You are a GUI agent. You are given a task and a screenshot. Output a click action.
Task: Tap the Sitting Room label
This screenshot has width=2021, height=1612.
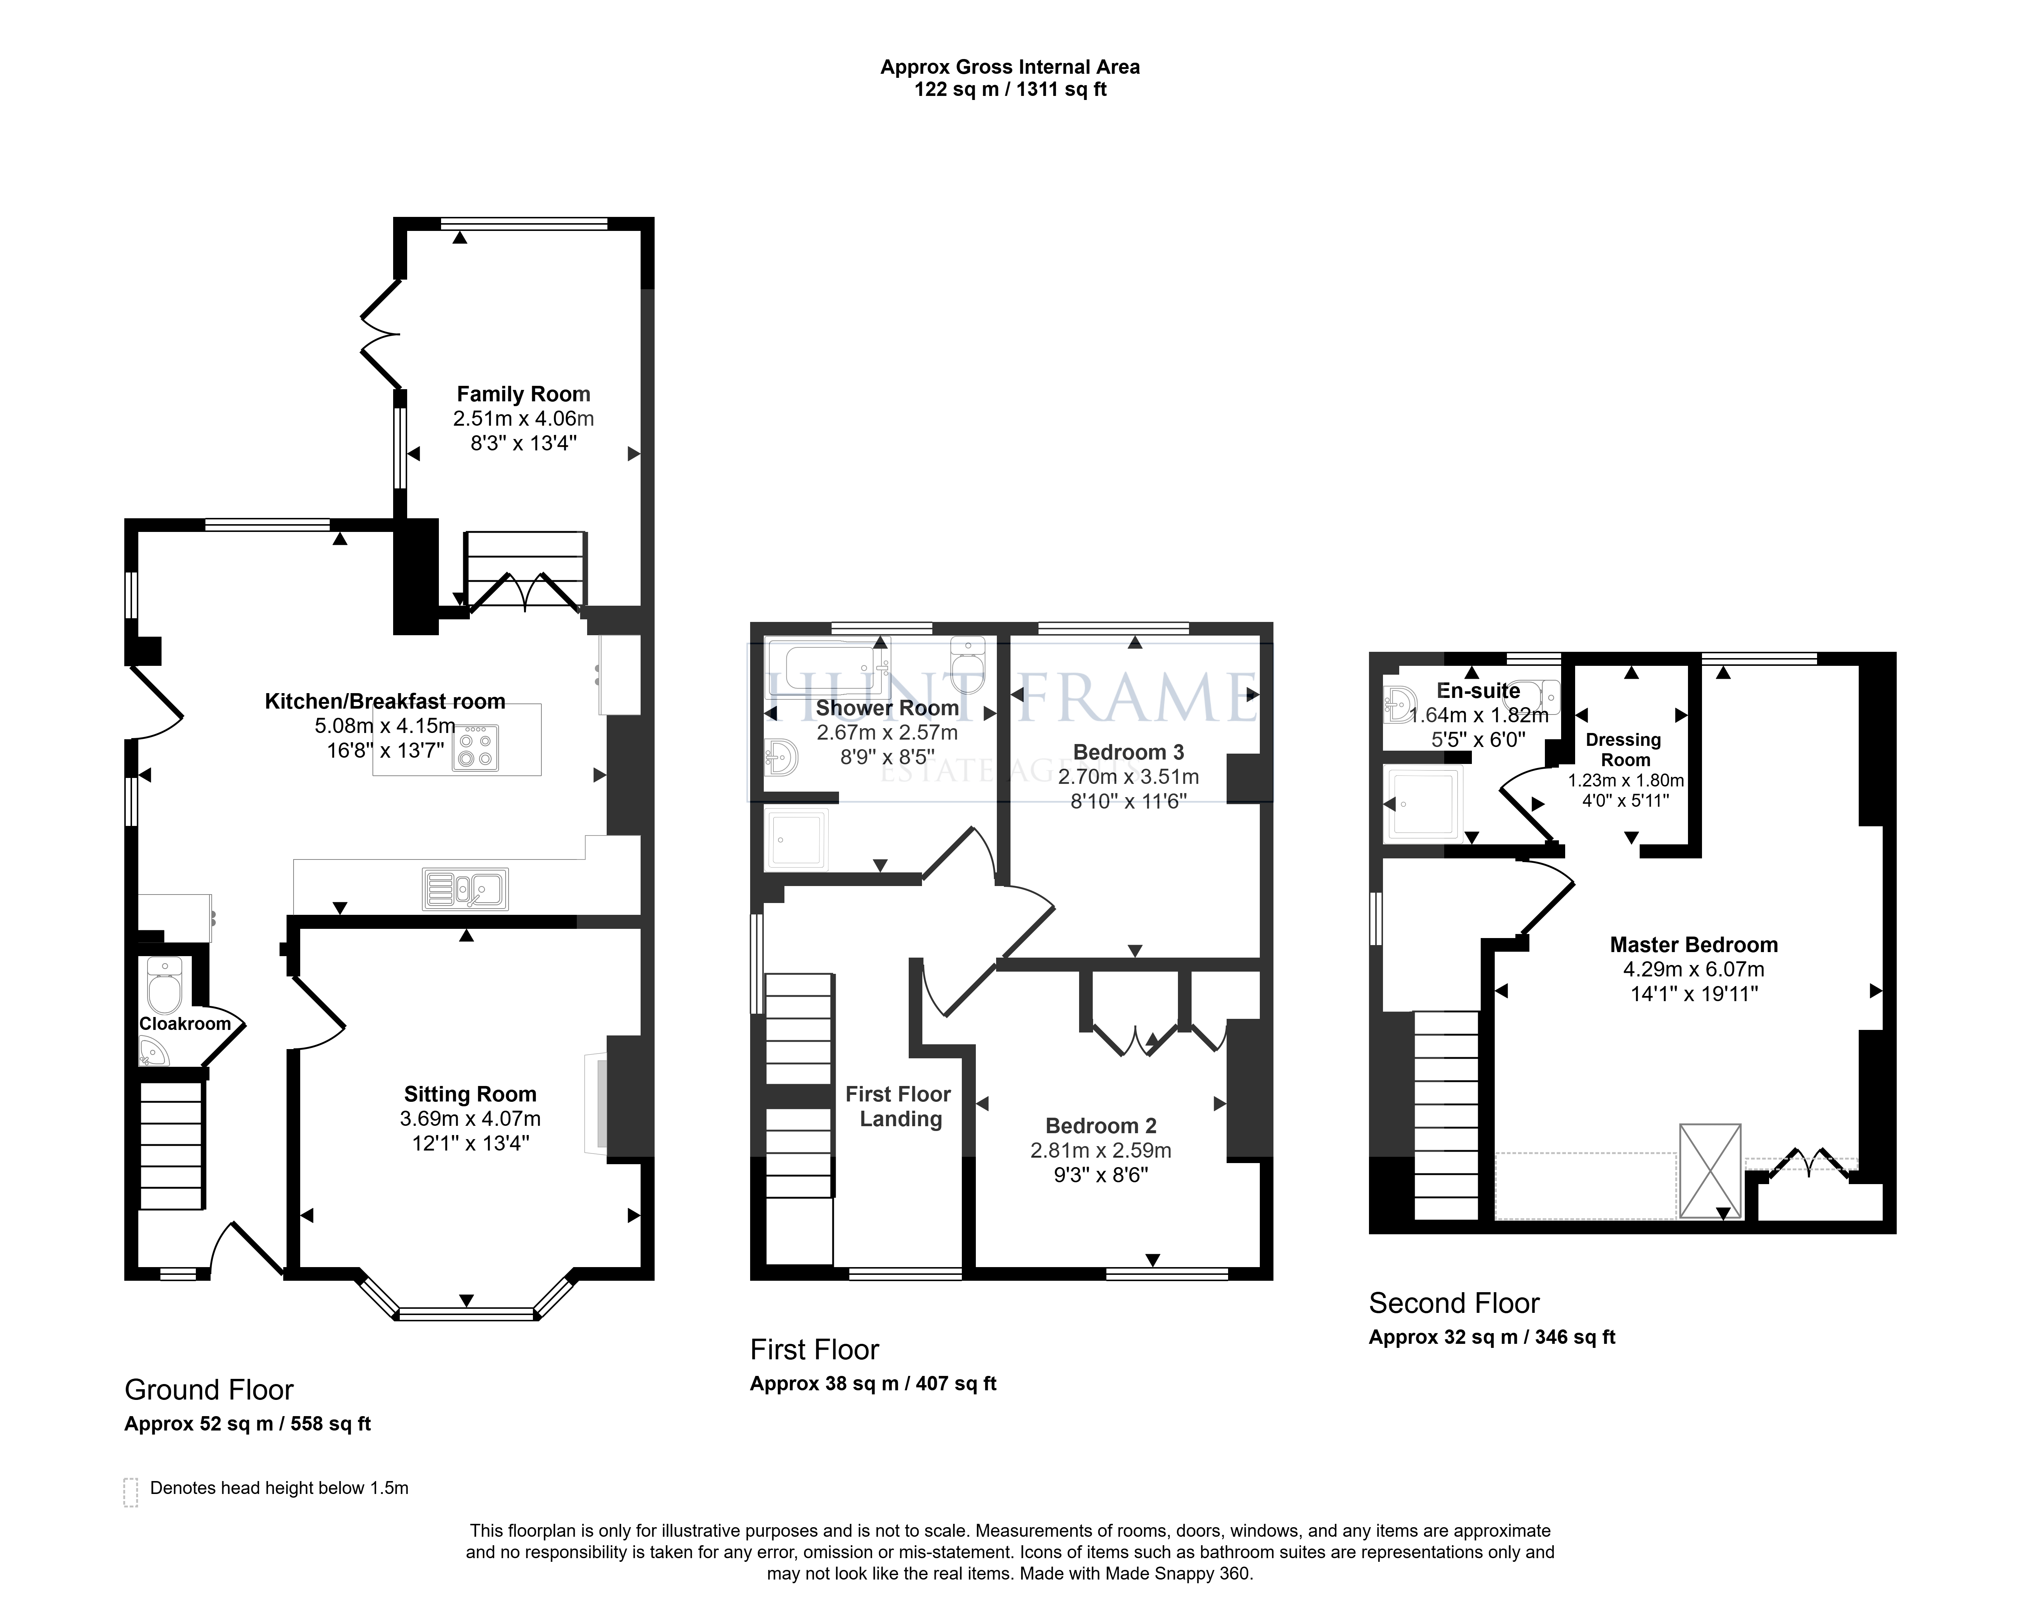469,1094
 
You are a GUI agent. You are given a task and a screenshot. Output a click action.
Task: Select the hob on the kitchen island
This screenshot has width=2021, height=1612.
475,747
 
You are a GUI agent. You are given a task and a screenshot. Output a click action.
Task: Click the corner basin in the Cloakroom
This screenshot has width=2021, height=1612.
153,1053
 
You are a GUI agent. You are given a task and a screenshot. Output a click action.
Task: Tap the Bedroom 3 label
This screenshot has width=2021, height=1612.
1129,752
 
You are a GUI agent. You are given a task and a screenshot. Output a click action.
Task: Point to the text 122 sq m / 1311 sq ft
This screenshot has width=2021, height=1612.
1010,90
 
